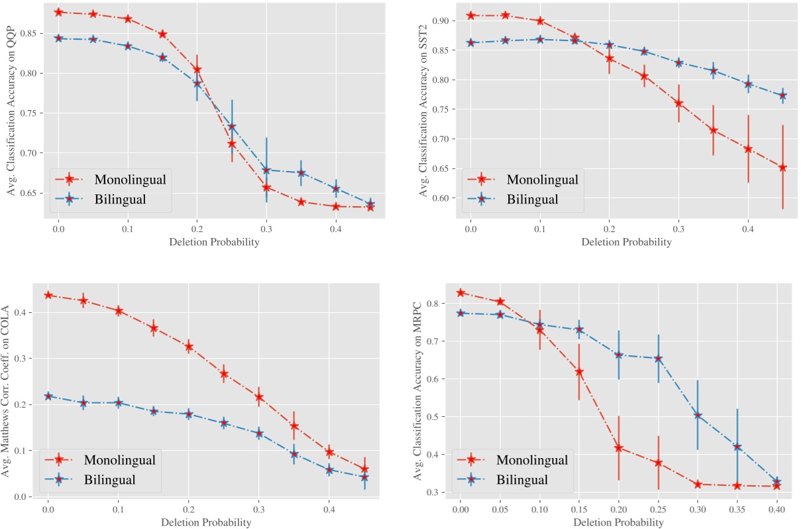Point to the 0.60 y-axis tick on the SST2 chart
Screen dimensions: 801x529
(x=443, y=198)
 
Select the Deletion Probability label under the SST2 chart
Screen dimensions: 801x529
(x=626, y=243)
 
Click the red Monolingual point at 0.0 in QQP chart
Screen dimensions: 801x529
(x=58, y=12)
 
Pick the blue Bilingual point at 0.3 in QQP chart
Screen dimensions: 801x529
(x=266, y=170)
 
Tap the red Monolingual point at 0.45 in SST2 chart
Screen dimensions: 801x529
(x=782, y=168)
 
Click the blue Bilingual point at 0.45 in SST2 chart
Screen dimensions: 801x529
(x=782, y=95)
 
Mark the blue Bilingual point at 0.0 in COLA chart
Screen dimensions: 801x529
(x=48, y=396)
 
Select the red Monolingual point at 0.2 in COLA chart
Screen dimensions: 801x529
(x=189, y=347)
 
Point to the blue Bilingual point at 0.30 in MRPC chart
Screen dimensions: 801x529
(x=698, y=416)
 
